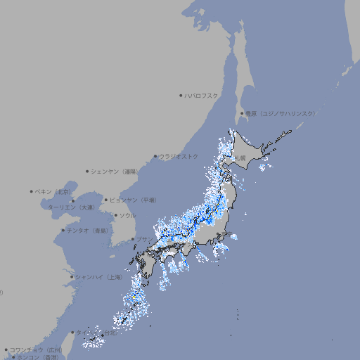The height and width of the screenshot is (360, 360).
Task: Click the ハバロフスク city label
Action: (x=201, y=95)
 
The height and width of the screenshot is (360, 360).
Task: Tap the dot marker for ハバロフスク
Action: (x=181, y=95)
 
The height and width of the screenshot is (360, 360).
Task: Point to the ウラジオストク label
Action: (x=179, y=156)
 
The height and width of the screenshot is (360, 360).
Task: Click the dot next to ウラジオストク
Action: (x=155, y=156)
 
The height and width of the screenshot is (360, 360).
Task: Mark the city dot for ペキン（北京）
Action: (x=32, y=191)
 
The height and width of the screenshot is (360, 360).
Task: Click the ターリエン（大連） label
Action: (x=71, y=207)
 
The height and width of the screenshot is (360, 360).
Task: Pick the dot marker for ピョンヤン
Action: (x=107, y=200)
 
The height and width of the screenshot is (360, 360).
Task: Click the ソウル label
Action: (x=127, y=215)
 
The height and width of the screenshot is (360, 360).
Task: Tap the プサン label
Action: (x=143, y=239)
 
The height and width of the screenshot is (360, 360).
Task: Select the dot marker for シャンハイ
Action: (x=72, y=277)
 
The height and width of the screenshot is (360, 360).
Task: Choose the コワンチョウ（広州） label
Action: (x=35, y=349)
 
